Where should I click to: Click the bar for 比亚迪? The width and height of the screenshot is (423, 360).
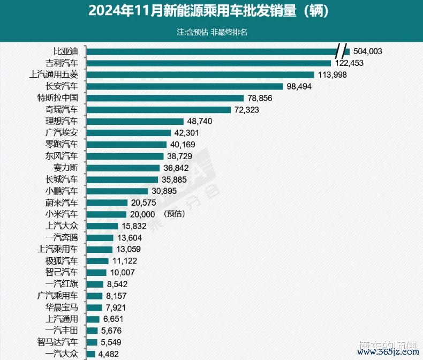pyautogui.click(x=214, y=51)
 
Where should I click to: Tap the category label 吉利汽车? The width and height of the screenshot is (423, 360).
pyautogui.click(x=62, y=63)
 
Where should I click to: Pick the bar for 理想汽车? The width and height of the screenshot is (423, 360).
pyautogui.click(x=135, y=121)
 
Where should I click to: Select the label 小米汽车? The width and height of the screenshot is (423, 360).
pyautogui.click(x=62, y=214)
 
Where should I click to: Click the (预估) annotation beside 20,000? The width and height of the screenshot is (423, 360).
pyautogui.click(x=175, y=214)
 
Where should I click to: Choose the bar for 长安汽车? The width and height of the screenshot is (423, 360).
pyautogui.click(x=184, y=86)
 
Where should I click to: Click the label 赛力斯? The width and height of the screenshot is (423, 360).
pyautogui.click(x=65, y=168)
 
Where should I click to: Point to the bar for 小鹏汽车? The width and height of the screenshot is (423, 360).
pyautogui.click(x=117, y=191)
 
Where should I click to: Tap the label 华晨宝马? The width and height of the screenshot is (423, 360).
pyautogui.click(x=62, y=307)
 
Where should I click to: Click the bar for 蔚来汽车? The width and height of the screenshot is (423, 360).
pyautogui.click(x=107, y=202)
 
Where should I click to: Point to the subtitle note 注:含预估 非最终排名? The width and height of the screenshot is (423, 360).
pyautogui.click(x=211, y=32)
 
